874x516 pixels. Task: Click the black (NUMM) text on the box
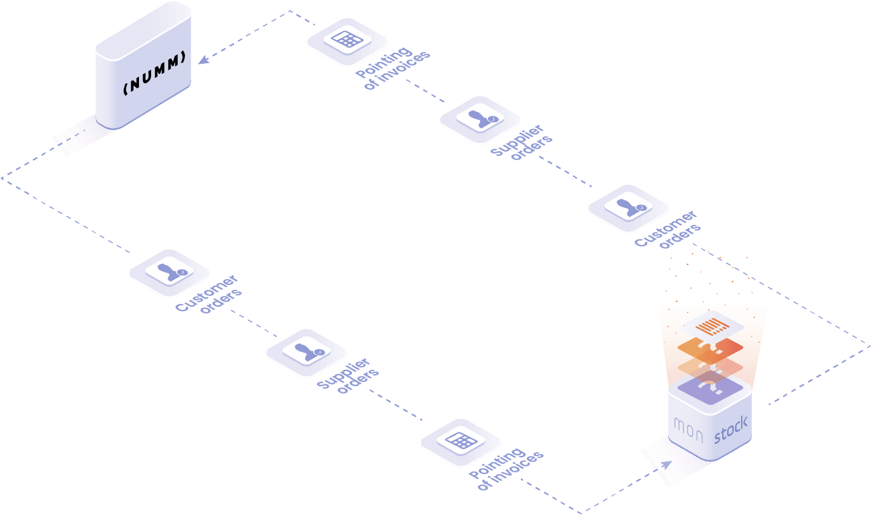coord(155,73)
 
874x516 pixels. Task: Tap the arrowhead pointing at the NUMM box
coord(203,60)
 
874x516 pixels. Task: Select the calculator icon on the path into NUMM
coord(347,40)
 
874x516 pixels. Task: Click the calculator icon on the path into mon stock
coord(461,441)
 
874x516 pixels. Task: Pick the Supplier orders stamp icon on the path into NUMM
coord(480,118)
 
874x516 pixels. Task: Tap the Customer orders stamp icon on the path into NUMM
coord(629,207)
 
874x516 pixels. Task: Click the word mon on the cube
coord(688,431)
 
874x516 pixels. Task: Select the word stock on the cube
coord(731,429)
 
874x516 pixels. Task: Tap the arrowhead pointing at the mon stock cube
coord(666,464)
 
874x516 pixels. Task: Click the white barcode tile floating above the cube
coord(711,326)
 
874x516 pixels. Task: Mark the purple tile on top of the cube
coord(711,388)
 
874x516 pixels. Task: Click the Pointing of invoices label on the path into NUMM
coord(393,68)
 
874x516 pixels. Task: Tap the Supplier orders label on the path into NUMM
coord(521,142)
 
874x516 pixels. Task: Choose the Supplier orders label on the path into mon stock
coord(348,375)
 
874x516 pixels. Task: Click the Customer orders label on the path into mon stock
coord(208,294)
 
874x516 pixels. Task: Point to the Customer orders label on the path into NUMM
coord(668,229)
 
